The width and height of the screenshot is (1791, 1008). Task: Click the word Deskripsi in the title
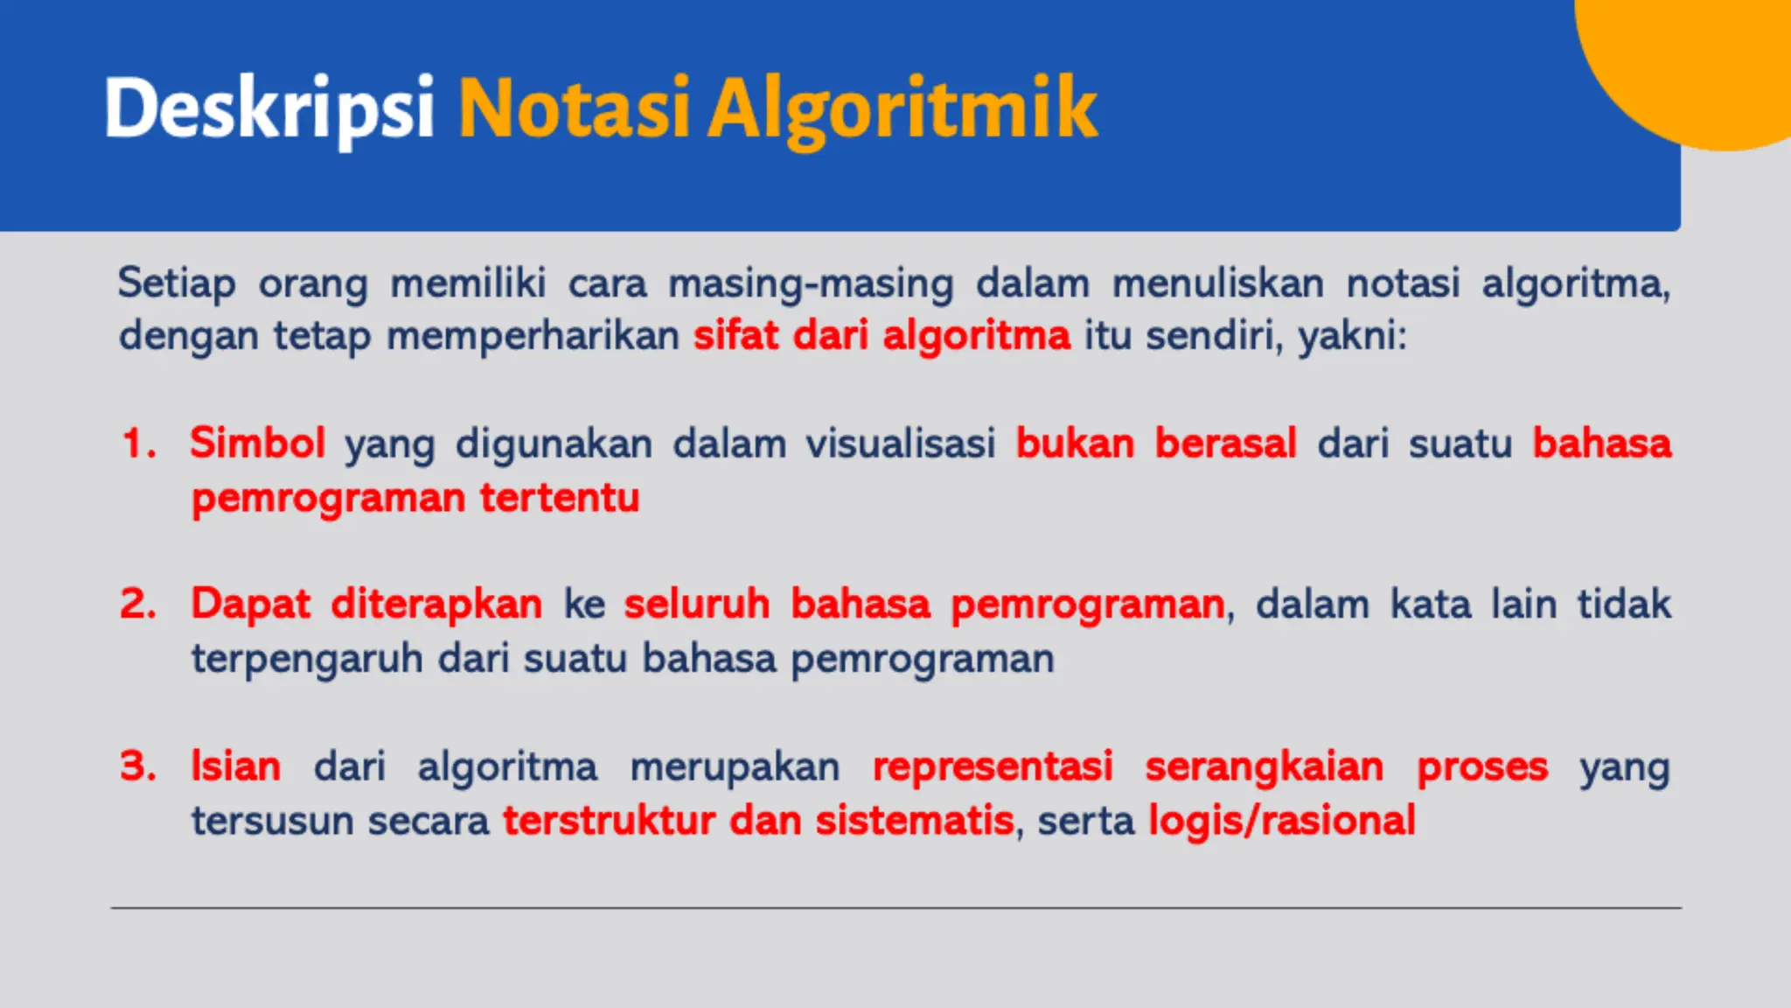tap(268, 108)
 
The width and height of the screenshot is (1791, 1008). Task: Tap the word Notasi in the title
tap(575, 108)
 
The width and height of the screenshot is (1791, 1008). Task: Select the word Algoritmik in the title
tap(902, 108)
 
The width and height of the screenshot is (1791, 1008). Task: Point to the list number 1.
tap(137, 444)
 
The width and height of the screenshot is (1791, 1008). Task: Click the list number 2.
tap(137, 604)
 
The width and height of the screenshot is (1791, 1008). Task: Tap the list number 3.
tap(137, 766)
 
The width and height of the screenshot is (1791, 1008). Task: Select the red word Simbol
tap(257, 443)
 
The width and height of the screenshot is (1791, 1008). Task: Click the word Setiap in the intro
tap(177, 283)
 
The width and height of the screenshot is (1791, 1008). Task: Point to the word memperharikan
tap(533, 336)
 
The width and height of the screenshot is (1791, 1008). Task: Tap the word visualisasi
tap(900, 444)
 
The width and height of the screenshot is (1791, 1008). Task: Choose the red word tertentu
tap(560, 498)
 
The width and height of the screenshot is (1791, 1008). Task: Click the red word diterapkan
tap(436, 604)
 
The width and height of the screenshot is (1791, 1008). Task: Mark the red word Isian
tap(236, 766)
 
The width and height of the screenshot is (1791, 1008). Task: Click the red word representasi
tap(993, 766)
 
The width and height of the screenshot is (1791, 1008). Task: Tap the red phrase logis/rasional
tap(1281, 821)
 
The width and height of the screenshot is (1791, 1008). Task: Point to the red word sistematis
tap(914, 821)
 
